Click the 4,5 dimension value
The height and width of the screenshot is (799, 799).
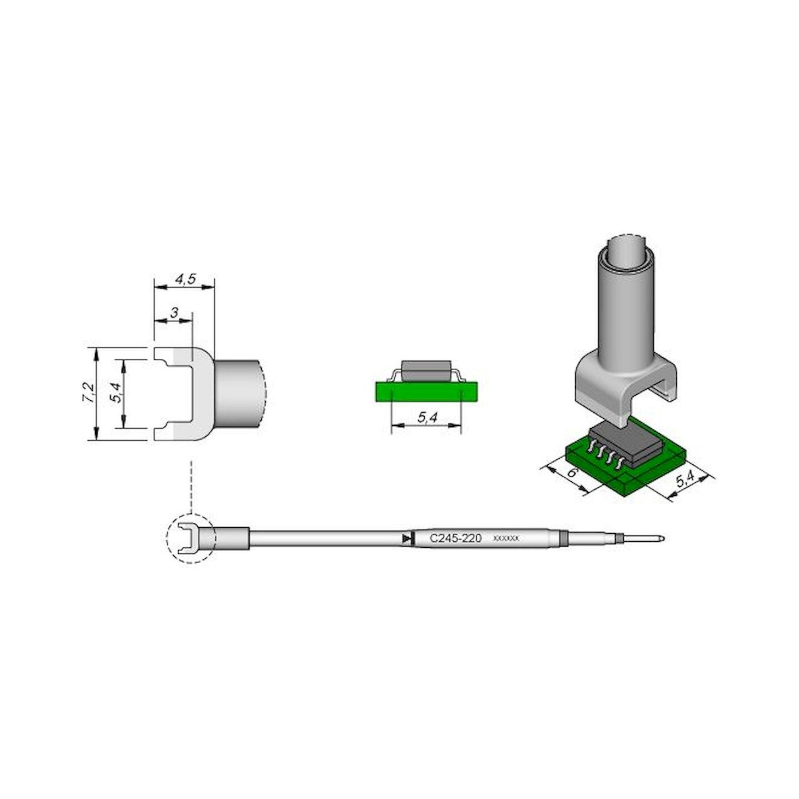pos(185,280)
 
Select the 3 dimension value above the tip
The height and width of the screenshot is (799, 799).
pos(174,313)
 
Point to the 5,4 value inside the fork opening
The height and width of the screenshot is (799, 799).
pos(117,392)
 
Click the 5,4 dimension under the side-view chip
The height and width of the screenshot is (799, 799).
pos(427,418)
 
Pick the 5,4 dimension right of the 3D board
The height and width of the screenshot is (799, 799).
pos(684,479)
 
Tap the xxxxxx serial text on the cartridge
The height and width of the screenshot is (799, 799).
pos(506,539)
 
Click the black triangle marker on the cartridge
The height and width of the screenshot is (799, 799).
pos(407,539)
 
